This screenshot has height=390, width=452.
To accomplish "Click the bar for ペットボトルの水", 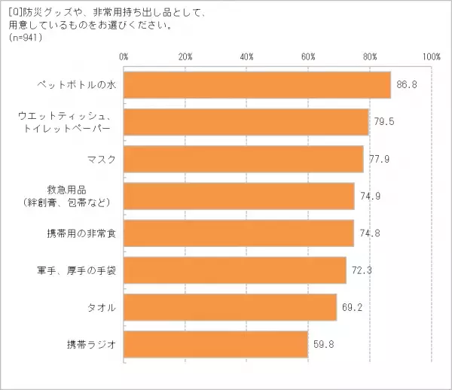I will (256, 85).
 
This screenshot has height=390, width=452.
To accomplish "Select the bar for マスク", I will (243, 159).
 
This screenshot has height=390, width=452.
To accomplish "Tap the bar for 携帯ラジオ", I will (215, 344).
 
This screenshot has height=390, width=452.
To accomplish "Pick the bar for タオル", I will (230, 307).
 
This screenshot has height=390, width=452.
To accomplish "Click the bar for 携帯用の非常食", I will (238, 233).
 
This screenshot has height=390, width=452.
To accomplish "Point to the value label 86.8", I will (408, 85).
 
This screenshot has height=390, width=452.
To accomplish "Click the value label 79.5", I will (385, 122).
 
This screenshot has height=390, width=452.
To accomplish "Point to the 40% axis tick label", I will (247, 56).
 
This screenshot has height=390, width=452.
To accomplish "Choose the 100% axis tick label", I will (431, 56).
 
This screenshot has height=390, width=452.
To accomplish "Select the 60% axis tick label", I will (308, 56).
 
